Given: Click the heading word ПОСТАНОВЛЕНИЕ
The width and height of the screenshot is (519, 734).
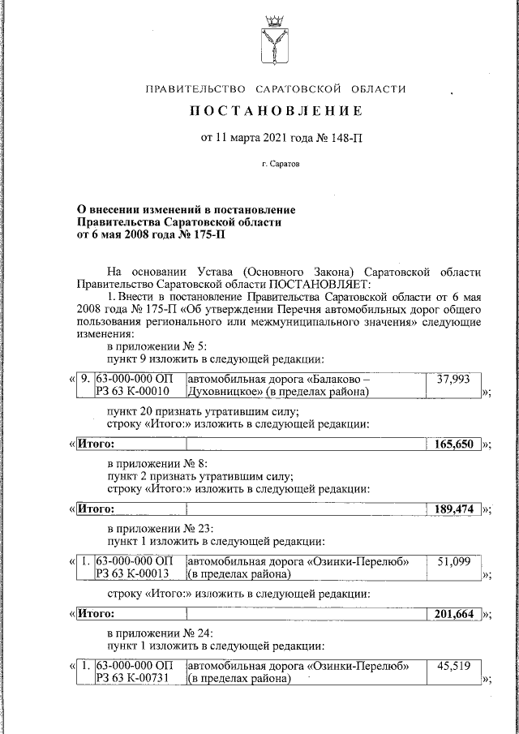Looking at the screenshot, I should [x=277, y=111].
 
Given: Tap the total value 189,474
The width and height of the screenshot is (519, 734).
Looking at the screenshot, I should [x=453, y=509].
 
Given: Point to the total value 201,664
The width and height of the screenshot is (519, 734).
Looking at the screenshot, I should [x=453, y=613].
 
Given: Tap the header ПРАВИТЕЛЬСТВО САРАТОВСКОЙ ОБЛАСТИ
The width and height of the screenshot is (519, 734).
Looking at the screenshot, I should [x=276, y=89].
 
